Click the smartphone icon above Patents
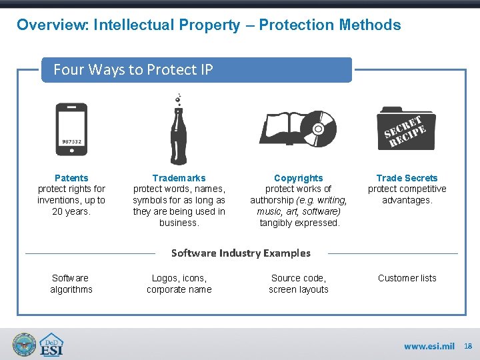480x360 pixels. click(x=71, y=129)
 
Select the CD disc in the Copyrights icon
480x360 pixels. click(x=319, y=127)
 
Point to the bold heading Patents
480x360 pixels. click(x=71, y=178)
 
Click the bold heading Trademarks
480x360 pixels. click(x=179, y=178)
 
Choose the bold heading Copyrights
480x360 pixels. click(x=299, y=178)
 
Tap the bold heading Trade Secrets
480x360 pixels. click(x=407, y=178)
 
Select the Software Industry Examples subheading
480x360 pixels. click(x=241, y=253)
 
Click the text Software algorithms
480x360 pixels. click(x=71, y=284)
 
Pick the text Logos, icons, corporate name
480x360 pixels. click(x=179, y=284)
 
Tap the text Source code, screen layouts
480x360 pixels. click(x=299, y=284)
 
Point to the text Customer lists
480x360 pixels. click(x=407, y=278)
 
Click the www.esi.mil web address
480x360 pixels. click(x=429, y=347)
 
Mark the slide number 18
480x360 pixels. click(x=468, y=347)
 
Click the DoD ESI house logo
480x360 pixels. click(x=51, y=345)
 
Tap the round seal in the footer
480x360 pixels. click(x=25, y=345)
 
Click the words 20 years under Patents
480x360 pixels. click(x=71, y=212)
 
